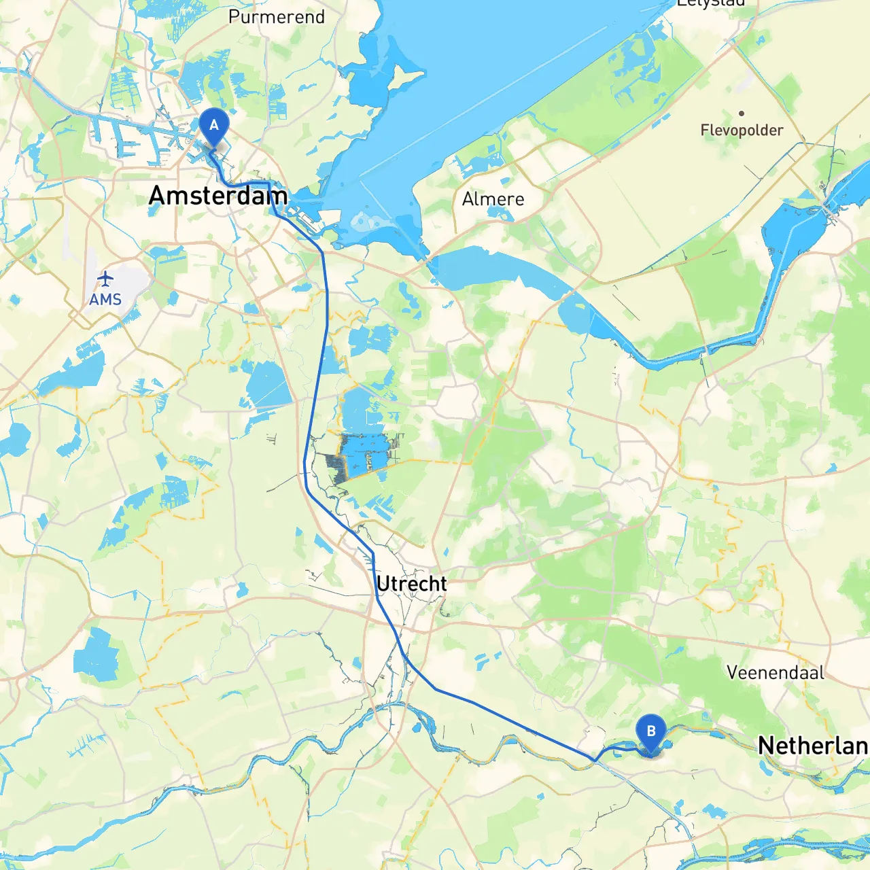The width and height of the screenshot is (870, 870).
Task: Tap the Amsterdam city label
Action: pyautogui.click(x=217, y=196)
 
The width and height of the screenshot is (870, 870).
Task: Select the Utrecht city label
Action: pyautogui.click(x=411, y=584)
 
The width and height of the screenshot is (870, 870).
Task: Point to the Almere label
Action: pyautogui.click(x=493, y=199)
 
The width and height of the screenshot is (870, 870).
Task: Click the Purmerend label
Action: pyautogui.click(x=277, y=17)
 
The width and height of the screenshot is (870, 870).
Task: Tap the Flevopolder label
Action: pyautogui.click(x=742, y=130)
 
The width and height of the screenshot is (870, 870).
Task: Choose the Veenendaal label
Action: pyautogui.click(x=775, y=673)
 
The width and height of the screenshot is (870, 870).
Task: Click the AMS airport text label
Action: pyautogui.click(x=105, y=299)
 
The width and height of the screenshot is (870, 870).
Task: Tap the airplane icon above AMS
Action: pyautogui.click(x=105, y=279)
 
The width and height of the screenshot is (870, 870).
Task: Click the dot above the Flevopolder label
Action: pyautogui.click(x=742, y=114)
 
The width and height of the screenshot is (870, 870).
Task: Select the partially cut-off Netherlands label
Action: pyautogui.click(x=813, y=746)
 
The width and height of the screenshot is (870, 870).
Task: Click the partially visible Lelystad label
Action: pyautogui.click(x=711, y=3)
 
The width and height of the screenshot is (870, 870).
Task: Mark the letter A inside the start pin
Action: pyautogui.click(x=214, y=125)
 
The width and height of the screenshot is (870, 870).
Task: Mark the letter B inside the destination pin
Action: pyautogui.click(x=651, y=731)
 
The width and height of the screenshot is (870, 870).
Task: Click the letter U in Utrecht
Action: pyautogui.click(x=383, y=584)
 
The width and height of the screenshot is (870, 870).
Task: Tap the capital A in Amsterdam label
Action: pyautogui.click(x=157, y=196)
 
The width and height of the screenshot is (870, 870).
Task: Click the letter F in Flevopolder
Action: pyautogui.click(x=706, y=130)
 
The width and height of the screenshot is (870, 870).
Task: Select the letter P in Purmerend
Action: pyautogui.click(x=234, y=17)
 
